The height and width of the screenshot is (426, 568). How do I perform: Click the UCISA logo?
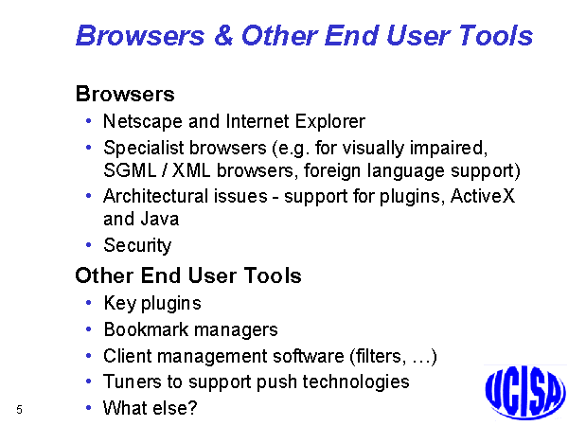tap(525, 392)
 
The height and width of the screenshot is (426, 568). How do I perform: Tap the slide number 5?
tap(19, 410)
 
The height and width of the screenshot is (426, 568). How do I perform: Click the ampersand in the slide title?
tap(223, 36)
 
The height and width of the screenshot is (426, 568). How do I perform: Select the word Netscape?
tap(143, 121)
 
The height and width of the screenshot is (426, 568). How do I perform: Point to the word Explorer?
tap(330, 121)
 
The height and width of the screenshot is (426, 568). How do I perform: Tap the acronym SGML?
tap(130, 170)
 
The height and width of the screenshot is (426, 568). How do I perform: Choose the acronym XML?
tap(191, 170)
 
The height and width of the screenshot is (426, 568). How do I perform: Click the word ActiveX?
tap(483, 196)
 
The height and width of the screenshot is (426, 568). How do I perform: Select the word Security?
tap(137, 245)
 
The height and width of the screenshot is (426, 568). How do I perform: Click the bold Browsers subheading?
tap(125, 94)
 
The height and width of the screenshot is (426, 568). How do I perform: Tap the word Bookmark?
tap(146, 329)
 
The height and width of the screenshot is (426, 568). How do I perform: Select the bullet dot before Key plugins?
tap(88, 303)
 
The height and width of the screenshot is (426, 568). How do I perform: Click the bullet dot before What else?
tap(88, 407)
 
